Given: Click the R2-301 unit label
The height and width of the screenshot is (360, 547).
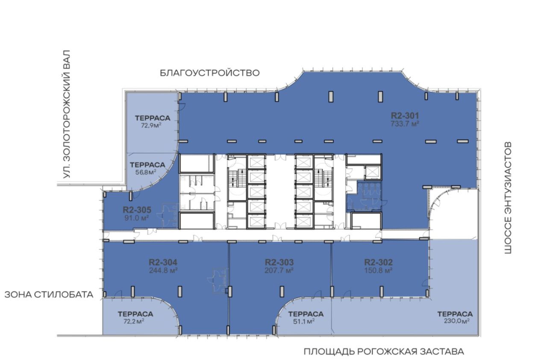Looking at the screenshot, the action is tap(405, 115).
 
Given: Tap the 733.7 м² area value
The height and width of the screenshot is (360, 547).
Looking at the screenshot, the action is tap(405, 124).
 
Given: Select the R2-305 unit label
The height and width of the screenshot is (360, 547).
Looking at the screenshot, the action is tap(137, 210).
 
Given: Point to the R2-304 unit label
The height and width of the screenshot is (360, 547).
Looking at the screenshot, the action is tap(163, 262).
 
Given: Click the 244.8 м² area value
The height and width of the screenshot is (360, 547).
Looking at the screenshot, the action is tap(163, 270).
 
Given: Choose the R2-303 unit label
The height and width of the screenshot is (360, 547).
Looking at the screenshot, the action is tap(279, 262).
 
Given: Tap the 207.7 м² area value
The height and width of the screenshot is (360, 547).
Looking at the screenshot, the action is tap(279, 270).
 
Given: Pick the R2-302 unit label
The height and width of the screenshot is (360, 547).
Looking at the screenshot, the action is tap(379, 262).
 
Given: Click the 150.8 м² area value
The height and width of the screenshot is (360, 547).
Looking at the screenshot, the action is tap(379, 270).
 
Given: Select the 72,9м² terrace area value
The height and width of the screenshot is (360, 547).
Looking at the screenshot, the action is tap(151, 126).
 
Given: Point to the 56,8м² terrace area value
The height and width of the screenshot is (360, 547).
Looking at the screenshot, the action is tap(146, 172).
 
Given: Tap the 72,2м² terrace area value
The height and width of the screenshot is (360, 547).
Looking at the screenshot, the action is tap(134, 322).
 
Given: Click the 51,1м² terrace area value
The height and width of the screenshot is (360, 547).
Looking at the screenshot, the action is tap(304, 322).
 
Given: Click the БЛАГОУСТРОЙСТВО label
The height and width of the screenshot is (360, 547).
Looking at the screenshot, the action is tap(210, 73).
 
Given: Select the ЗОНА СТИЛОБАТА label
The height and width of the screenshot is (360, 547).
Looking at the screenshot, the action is tap(49, 295).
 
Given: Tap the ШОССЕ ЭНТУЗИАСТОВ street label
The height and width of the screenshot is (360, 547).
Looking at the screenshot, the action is tap(508, 198).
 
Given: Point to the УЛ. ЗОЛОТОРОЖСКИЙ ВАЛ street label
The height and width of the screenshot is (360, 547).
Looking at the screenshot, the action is tap(66, 114).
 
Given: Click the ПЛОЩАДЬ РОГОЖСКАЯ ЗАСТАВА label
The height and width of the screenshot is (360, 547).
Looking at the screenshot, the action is tap(384, 352).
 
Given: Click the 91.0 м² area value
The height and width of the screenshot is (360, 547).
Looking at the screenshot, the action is tap(137, 218).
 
